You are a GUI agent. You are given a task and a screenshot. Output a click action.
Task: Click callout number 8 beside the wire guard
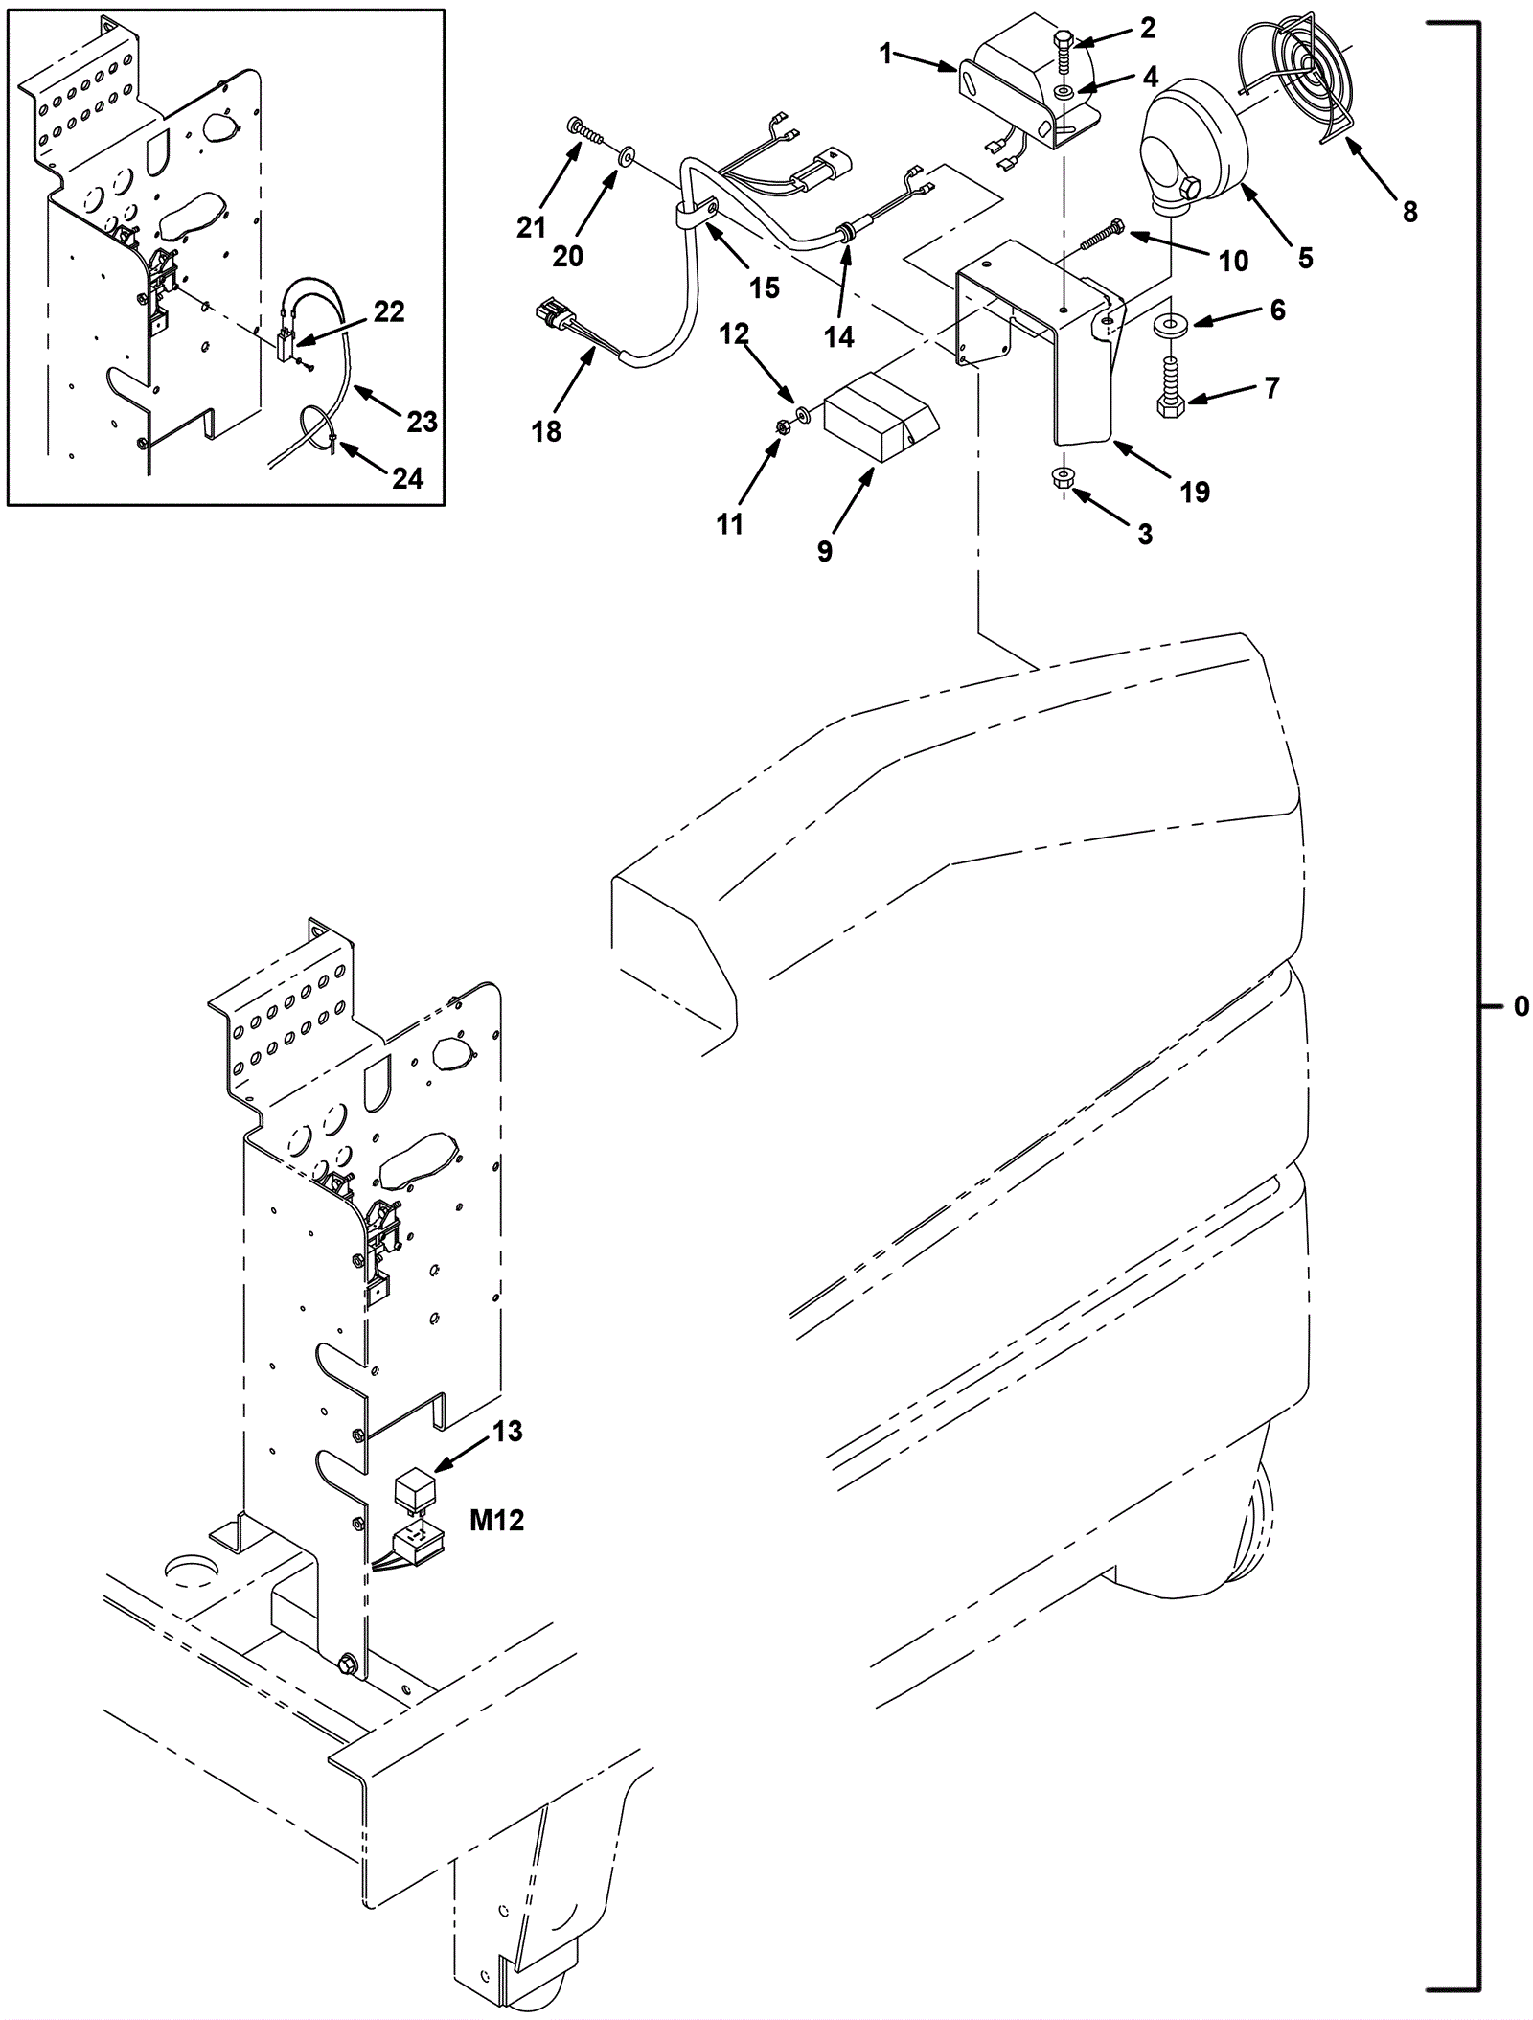pos(1409,211)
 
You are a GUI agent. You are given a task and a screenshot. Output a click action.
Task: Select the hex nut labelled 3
pos(1063,477)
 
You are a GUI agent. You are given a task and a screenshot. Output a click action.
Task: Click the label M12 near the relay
pos(497,1520)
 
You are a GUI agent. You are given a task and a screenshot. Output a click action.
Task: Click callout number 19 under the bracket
pos(1195,492)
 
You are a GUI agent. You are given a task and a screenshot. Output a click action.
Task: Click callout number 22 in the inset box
pos(389,311)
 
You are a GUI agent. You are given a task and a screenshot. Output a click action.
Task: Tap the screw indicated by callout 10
pos(1104,235)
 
